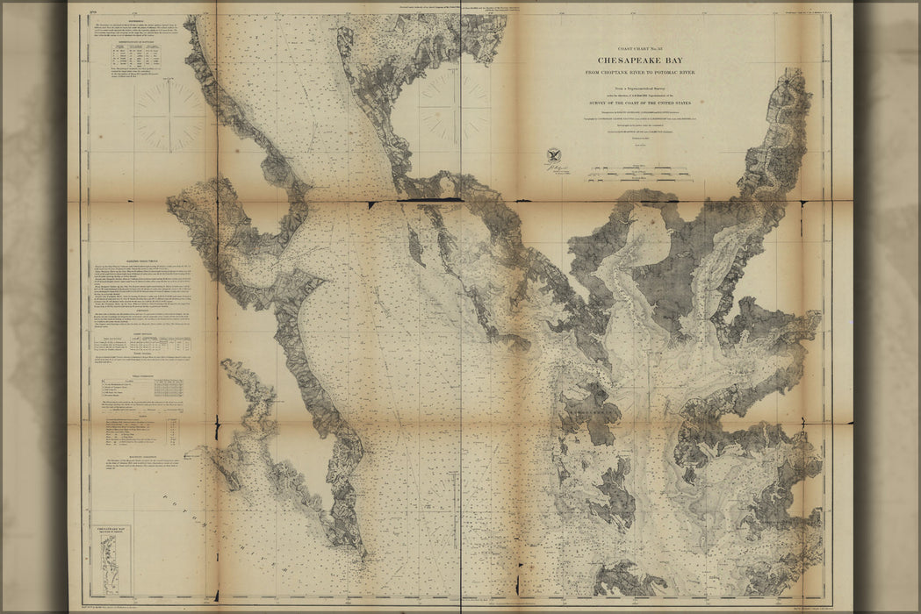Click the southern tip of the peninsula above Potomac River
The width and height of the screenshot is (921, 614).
tap(360, 550)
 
